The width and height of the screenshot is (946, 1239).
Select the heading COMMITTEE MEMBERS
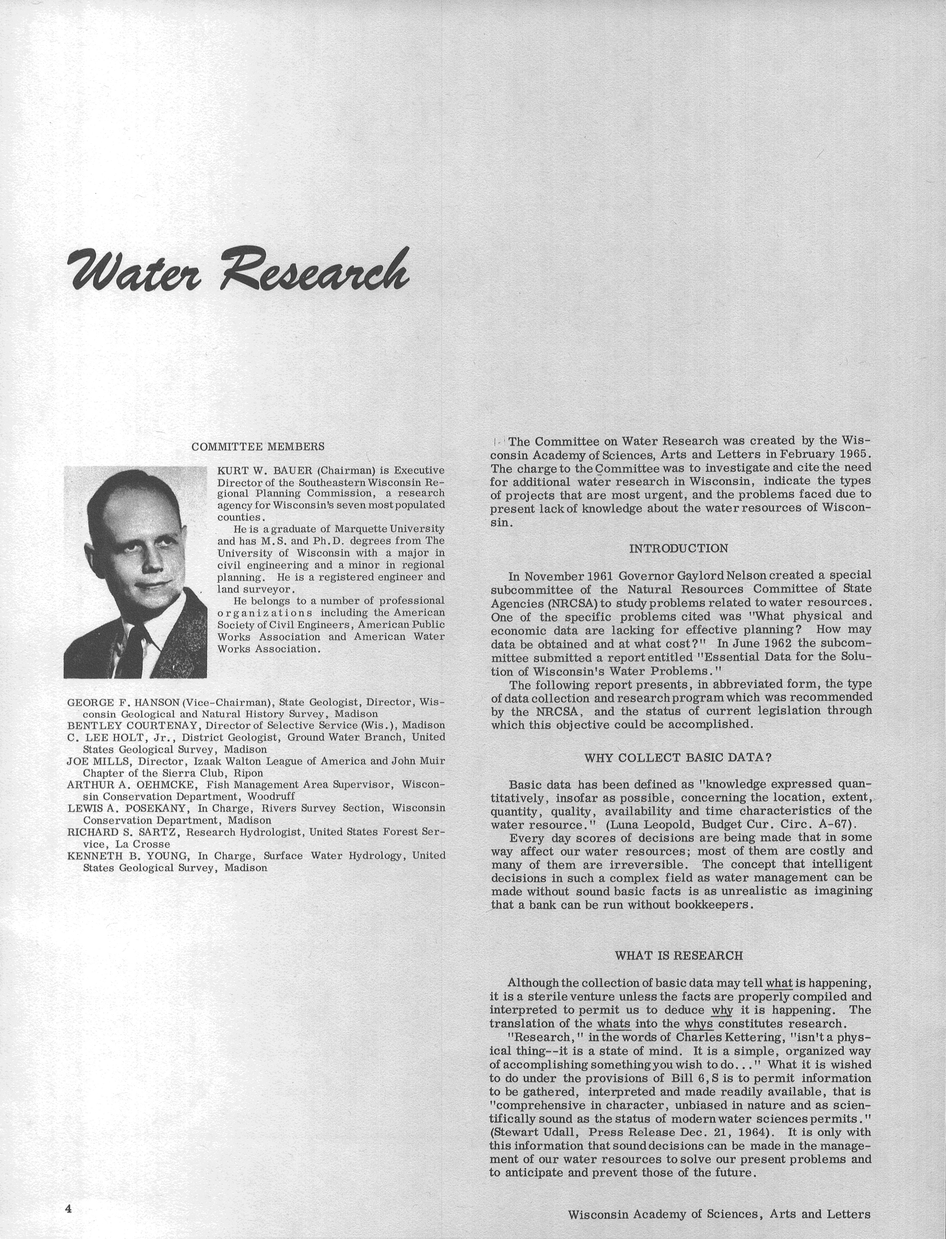pos(258,447)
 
